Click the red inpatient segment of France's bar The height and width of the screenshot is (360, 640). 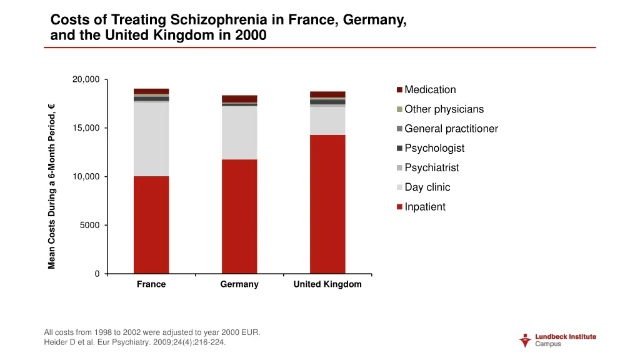click(x=151, y=224)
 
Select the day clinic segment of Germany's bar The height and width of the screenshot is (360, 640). click(x=239, y=132)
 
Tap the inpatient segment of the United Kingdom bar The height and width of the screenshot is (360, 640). click(x=327, y=204)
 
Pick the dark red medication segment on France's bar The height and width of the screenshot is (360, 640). click(x=151, y=91)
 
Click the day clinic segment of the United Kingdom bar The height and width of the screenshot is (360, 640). click(x=327, y=121)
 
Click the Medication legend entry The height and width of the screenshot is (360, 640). click(x=430, y=89)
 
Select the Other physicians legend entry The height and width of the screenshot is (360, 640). click(x=444, y=109)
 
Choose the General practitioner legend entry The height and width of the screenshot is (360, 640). click(x=451, y=129)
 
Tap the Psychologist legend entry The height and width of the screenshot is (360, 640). click(x=434, y=148)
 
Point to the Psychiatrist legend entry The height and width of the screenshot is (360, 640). click(x=431, y=167)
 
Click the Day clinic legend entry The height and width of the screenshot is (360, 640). click(x=427, y=187)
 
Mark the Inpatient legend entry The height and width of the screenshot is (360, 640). click(x=424, y=207)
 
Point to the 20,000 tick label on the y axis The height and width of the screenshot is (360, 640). click(x=86, y=79)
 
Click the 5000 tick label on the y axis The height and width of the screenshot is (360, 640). click(x=89, y=225)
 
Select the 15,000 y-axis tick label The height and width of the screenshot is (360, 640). click(x=86, y=128)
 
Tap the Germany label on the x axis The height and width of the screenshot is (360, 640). click(x=239, y=284)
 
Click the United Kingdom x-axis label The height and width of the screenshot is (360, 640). click(x=327, y=284)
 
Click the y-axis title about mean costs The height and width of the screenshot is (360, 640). click(x=52, y=186)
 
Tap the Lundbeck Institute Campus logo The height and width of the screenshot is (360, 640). click(x=557, y=340)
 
